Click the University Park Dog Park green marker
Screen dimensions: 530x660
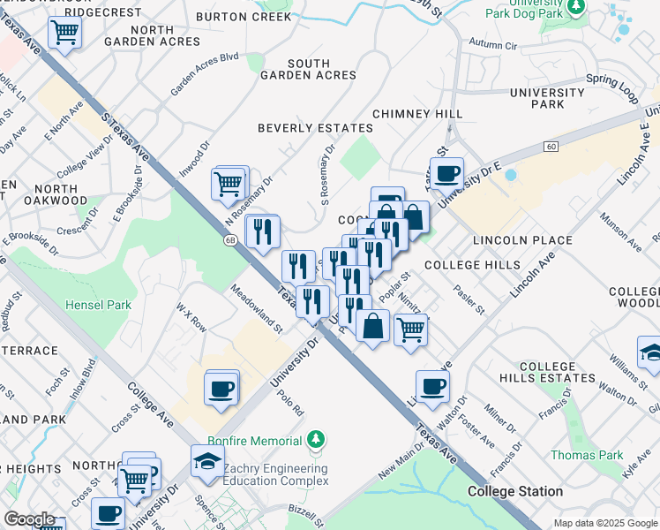[x=576, y=8]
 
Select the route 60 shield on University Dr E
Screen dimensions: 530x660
[x=551, y=146]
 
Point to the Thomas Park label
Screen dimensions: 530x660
[x=574, y=455]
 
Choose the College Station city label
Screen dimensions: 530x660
[x=515, y=491]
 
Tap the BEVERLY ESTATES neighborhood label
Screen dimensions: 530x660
[x=315, y=128]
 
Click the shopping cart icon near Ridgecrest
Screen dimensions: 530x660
[x=65, y=34]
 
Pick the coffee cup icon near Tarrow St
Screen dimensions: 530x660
[x=446, y=172]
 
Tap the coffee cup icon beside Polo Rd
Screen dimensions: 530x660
[x=221, y=387]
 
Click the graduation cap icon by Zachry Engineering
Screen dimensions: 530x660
[x=207, y=461]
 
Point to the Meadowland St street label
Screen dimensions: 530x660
[x=257, y=309]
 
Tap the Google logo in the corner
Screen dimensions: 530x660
[x=29, y=519]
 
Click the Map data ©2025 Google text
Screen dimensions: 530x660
[x=604, y=523]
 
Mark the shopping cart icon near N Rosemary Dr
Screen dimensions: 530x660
[x=229, y=184]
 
